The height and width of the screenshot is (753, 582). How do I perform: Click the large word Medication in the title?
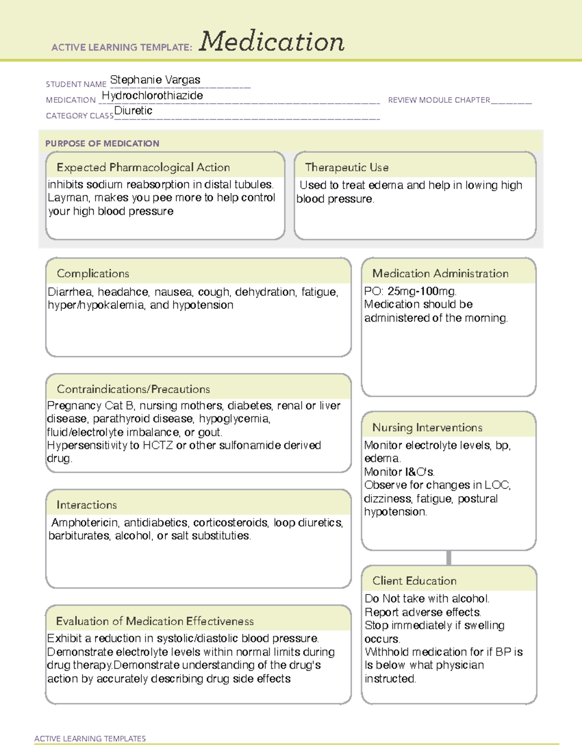[272, 42]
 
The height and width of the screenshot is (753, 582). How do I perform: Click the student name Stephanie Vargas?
[155, 80]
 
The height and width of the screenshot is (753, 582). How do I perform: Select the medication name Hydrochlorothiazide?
[152, 96]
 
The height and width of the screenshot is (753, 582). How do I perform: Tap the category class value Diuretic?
[133, 111]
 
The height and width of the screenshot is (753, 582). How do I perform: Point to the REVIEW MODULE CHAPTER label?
[439, 100]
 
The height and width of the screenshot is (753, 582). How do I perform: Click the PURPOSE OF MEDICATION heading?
[102, 144]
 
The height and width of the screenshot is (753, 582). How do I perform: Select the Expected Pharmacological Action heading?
[143, 167]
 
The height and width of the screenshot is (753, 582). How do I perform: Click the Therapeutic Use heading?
[347, 167]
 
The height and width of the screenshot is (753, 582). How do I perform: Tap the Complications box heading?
[93, 273]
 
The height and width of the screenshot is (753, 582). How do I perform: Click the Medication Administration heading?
[440, 273]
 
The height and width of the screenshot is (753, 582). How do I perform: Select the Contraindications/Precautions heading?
[133, 389]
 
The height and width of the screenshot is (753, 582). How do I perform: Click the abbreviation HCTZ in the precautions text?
[158, 445]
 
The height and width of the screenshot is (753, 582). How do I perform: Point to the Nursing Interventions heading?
[427, 427]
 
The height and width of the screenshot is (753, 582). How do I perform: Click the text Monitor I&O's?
[399, 472]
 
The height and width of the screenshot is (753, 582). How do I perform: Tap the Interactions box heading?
[87, 505]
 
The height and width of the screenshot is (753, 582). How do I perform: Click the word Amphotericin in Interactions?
[85, 522]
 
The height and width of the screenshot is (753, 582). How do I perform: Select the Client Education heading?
[414, 581]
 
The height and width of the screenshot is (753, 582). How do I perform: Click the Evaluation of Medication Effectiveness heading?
[155, 621]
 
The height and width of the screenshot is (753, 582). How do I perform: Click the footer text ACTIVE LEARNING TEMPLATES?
[90, 738]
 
